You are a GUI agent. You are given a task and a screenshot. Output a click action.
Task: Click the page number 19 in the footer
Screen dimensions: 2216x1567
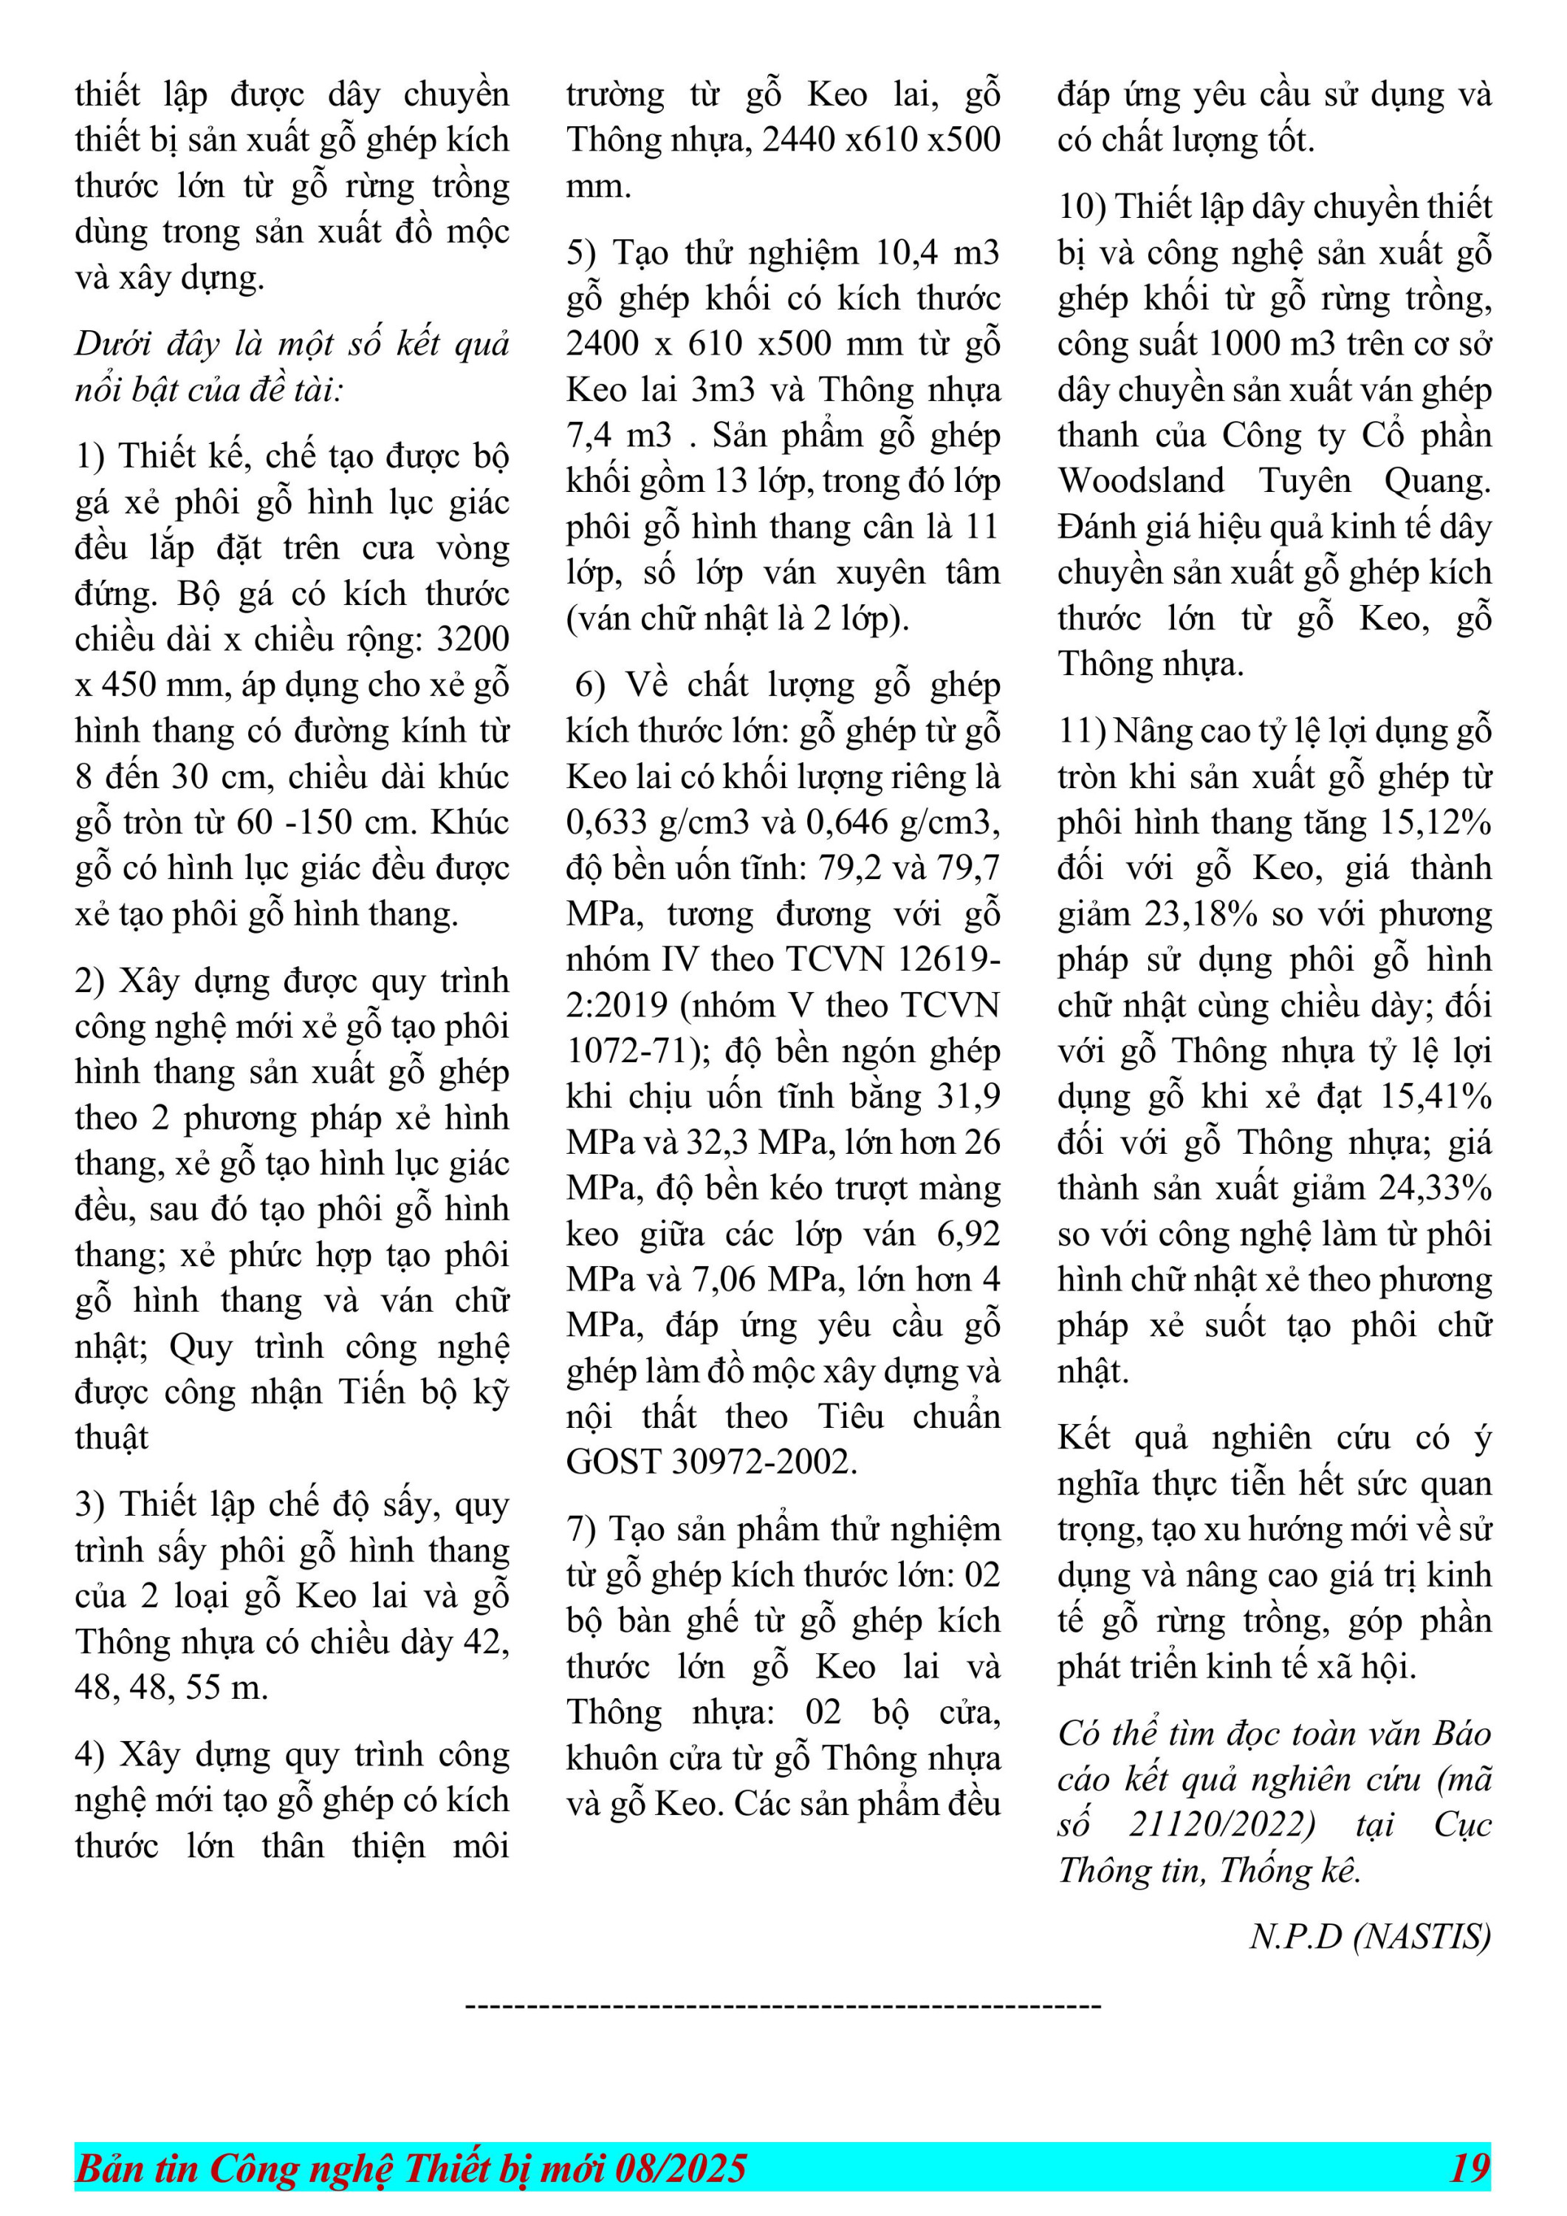click(x=1469, y=2168)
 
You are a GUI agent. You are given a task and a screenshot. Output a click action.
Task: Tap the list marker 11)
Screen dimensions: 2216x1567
click(x=1082, y=731)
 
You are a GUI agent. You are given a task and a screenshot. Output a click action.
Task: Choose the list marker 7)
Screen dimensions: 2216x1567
click(x=582, y=1529)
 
